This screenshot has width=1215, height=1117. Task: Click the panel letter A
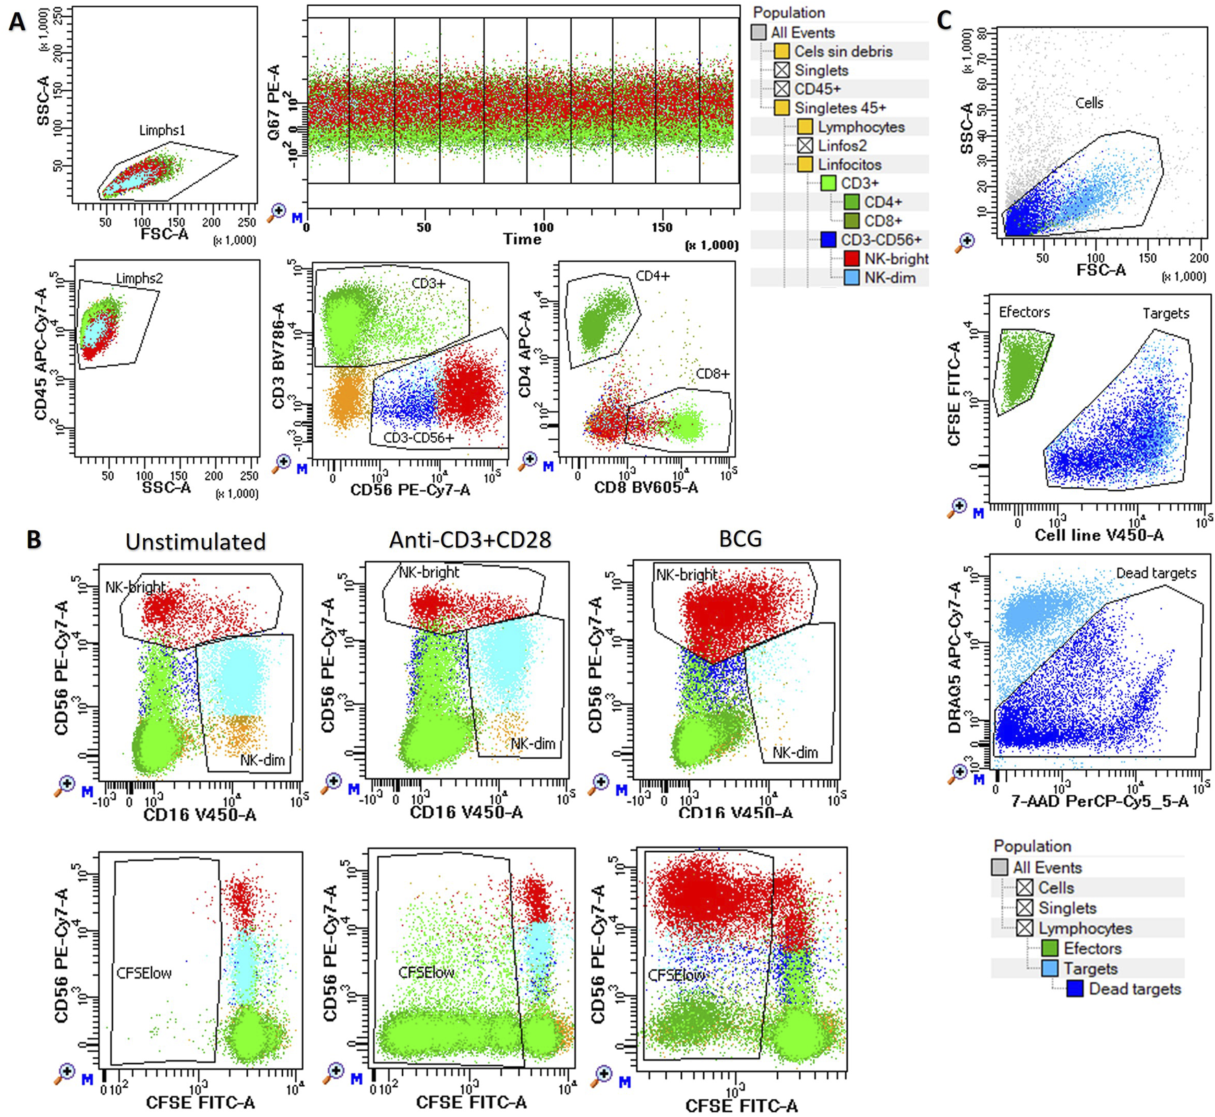16,22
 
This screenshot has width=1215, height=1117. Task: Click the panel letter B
34,539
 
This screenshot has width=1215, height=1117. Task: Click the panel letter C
944,21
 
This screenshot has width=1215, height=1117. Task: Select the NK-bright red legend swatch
851,259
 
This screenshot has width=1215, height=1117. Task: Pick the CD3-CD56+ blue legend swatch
828,239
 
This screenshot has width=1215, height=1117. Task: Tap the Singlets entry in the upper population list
821,70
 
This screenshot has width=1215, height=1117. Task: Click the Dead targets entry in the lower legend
1134,989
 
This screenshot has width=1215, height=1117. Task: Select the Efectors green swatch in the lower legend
1049,948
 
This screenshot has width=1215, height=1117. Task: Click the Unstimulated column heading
195,541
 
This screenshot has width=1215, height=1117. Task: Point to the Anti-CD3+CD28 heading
470,540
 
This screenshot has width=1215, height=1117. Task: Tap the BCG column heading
740,539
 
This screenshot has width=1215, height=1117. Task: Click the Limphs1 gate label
163,130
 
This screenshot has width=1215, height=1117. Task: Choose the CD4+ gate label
653,276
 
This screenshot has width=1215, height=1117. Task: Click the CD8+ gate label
712,374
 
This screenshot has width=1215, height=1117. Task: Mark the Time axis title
522,239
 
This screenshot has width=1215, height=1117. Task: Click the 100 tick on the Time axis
543,227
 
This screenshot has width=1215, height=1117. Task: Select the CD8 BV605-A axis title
646,488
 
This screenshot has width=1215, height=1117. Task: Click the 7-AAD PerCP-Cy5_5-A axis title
1099,801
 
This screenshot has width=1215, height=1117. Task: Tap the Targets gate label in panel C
1165,314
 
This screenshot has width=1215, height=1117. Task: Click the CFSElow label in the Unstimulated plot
144,973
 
